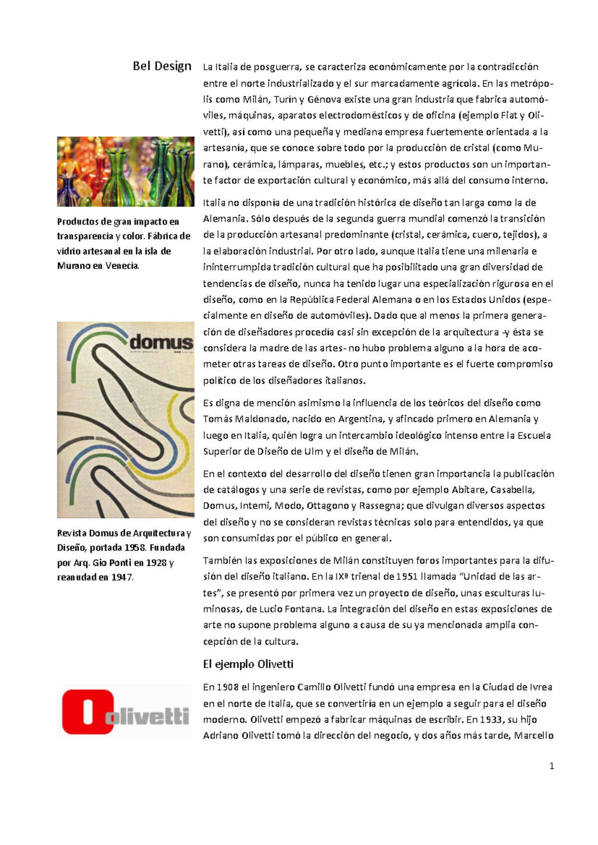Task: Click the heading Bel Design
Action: [162, 66]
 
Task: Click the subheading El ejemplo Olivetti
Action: [248, 664]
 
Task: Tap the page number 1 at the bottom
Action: [551, 766]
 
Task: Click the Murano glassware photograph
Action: [126, 171]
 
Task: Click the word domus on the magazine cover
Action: [160, 342]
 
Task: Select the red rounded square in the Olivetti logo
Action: [88, 711]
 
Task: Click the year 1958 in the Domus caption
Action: [135, 548]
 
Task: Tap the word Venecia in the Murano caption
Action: [122, 266]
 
